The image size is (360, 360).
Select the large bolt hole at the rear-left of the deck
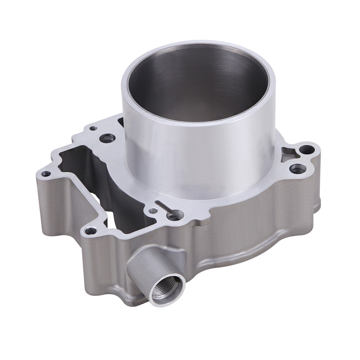click(x=107, y=138)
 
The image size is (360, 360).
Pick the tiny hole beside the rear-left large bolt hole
click(x=93, y=128)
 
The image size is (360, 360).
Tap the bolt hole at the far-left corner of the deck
click(x=46, y=174)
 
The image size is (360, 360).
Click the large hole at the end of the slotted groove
click(x=174, y=216)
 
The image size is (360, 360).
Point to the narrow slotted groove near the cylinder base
click(x=165, y=208)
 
